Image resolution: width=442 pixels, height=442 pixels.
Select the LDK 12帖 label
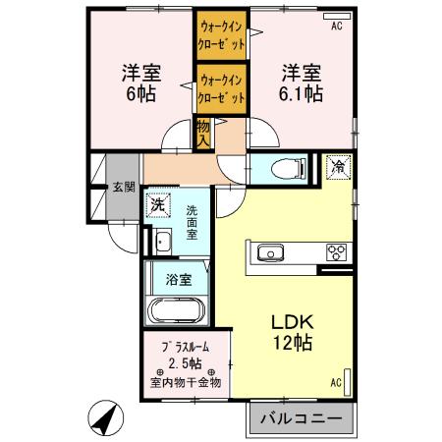click(x=293, y=331)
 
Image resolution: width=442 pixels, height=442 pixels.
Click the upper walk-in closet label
click(x=221, y=36)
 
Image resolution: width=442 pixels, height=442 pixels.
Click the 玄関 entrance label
click(x=123, y=187)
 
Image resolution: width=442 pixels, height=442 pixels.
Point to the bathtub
click(x=176, y=312)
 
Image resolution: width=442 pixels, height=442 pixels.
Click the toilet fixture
click(x=287, y=168)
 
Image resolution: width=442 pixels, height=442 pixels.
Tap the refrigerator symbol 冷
click(x=336, y=167)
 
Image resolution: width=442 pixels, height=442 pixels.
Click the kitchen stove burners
click(x=337, y=252)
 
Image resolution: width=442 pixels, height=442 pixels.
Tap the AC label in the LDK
click(x=335, y=382)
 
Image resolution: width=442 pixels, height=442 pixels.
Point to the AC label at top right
click(x=335, y=27)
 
